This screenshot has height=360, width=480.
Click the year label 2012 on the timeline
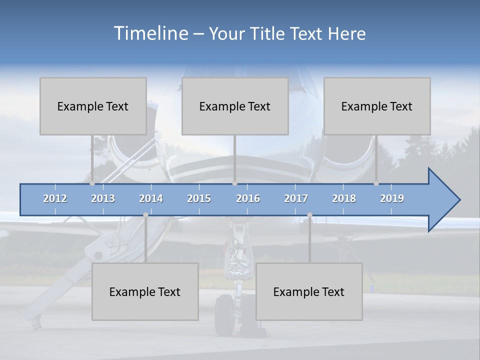coord(55,198)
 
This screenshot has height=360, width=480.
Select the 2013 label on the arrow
coord(103,198)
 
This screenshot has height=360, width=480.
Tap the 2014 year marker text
coord(151,198)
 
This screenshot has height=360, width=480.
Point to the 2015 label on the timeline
coord(199,198)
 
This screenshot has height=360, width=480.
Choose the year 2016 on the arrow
coord(248,198)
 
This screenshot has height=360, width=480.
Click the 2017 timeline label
coord(296,198)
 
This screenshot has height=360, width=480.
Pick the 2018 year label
coord(344,198)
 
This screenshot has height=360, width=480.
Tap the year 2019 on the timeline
coord(392,198)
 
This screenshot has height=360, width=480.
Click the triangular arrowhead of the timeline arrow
coord(442,200)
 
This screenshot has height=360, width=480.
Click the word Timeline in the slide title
coord(149,33)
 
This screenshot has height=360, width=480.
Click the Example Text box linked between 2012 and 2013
coord(93,106)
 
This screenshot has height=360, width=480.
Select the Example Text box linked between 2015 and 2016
coord(235,106)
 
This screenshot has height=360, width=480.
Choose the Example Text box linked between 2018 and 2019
coord(377,106)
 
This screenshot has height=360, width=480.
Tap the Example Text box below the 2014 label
coord(145,291)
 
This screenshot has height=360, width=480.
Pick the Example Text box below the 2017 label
coord(309,291)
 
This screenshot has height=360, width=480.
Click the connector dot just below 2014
coord(145,215)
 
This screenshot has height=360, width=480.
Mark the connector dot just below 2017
coord(309,215)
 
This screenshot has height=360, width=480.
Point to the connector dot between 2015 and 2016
coord(234,183)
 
